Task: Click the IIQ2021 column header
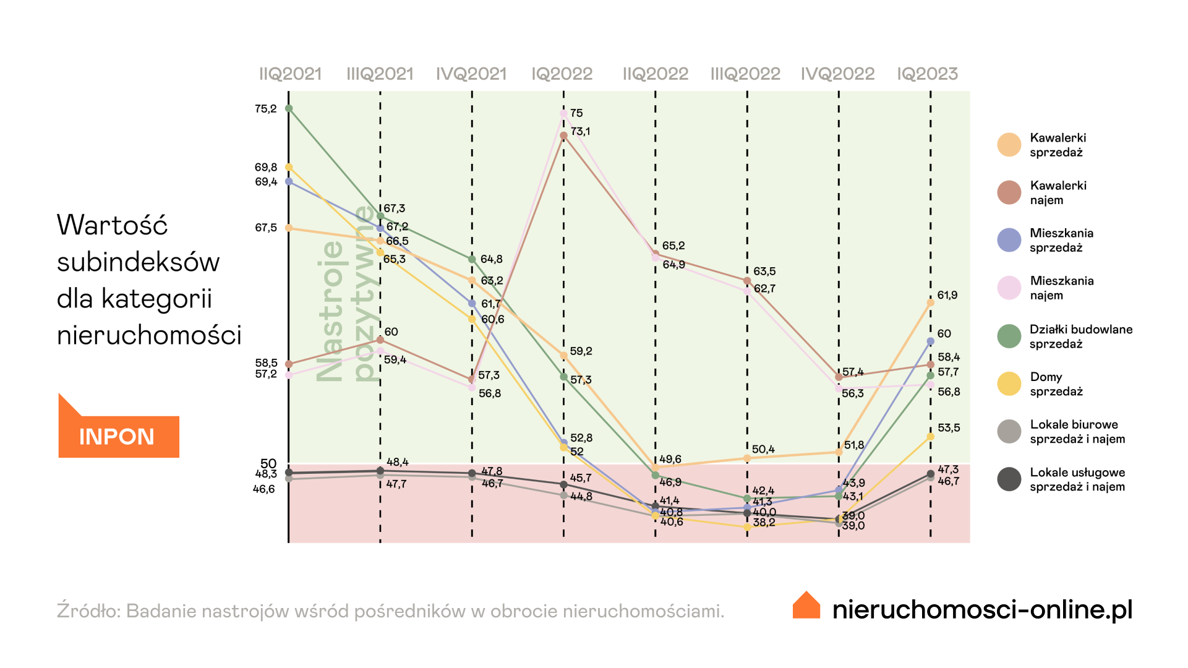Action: (290, 74)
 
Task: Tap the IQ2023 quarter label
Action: (927, 74)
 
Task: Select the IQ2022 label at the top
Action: (562, 74)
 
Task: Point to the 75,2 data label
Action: (266, 109)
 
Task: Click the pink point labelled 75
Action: (563, 114)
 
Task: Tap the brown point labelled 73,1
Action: (563, 135)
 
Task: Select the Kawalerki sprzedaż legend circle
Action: (1009, 145)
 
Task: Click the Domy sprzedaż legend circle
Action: (1009, 384)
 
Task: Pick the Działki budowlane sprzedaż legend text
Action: (1080, 336)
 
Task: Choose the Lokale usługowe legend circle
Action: (1009, 479)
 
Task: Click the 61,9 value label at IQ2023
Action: (947, 295)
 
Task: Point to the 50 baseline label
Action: (268, 463)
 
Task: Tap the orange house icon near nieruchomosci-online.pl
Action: (806, 606)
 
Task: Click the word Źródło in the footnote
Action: (87, 610)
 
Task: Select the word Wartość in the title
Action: (112, 225)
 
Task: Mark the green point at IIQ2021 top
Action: (289, 109)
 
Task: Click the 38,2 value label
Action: (764, 523)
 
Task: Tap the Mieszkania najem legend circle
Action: (1009, 288)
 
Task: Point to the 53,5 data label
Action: (949, 428)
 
